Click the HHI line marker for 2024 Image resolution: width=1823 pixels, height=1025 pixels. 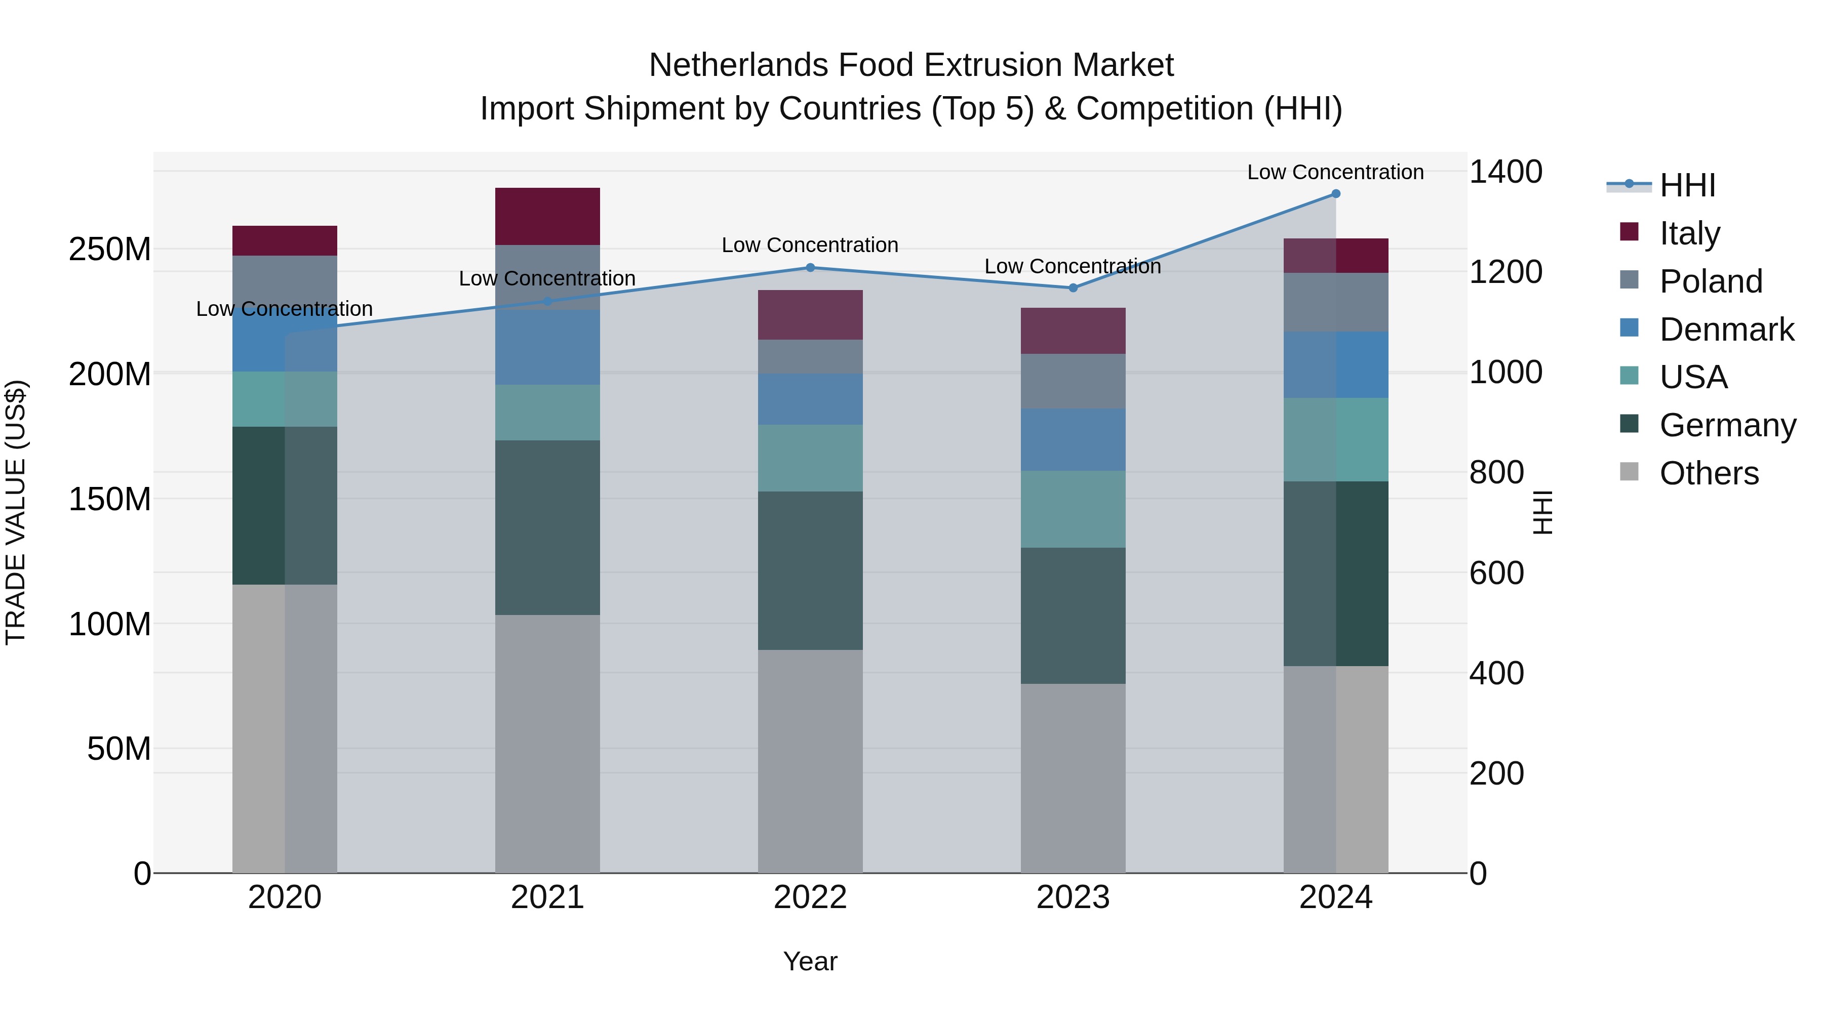coord(1335,194)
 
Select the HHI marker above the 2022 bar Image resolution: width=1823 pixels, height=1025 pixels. coord(810,267)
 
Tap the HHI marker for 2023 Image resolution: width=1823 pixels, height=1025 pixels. coord(1073,288)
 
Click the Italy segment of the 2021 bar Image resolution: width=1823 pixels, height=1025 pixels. coord(547,217)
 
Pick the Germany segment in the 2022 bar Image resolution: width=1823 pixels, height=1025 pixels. coord(810,571)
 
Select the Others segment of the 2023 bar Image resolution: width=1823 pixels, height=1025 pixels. coord(1073,778)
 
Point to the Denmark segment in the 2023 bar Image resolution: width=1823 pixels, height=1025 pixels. coord(1073,439)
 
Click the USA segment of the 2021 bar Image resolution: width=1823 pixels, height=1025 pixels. coord(547,413)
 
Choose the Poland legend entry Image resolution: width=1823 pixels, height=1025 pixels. coord(1711,281)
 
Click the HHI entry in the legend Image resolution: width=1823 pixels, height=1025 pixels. coord(1687,185)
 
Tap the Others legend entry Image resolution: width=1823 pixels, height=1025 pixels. coord(1709,473)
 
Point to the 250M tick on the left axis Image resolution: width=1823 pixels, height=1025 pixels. coord(110,250)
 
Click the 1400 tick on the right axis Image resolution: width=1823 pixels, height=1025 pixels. coord(1506,172)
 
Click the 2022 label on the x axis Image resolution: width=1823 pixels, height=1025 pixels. coord(810,897)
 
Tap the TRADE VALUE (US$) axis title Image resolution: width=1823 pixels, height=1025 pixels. coord(16,512)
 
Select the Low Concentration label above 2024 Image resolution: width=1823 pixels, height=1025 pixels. coord(1335,172)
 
